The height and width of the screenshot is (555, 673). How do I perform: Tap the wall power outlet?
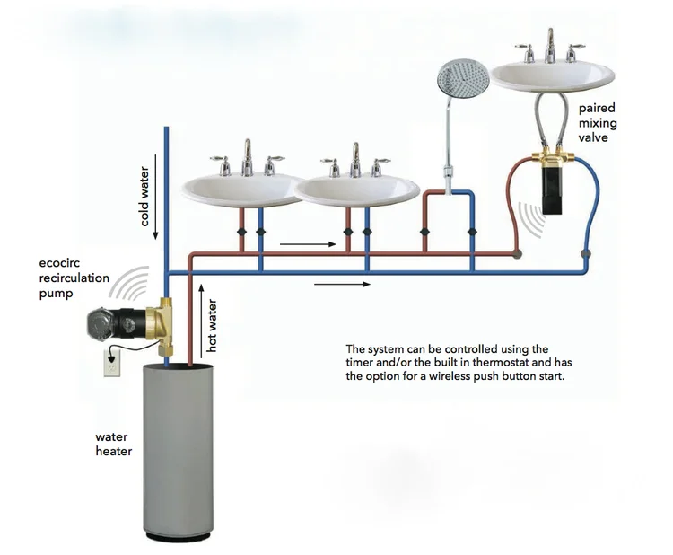tap(112, 364)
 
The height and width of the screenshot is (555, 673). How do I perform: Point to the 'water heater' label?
tap(114, 444)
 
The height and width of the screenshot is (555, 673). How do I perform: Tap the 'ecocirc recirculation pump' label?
tap(74, 278)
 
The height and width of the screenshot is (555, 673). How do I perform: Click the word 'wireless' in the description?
tap(431, 377)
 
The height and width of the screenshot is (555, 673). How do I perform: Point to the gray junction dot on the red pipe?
tap(516, 254)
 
